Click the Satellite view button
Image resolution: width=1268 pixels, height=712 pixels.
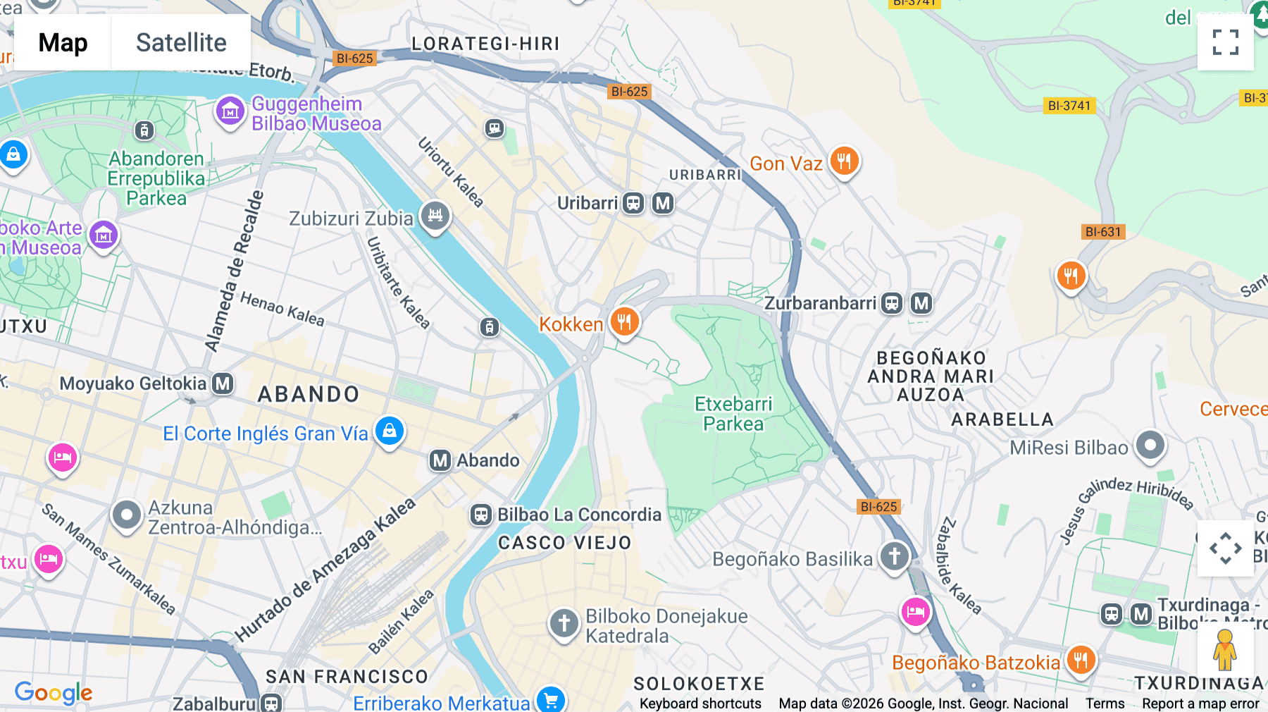(x=181, y=42)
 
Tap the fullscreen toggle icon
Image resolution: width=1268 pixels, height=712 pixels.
(x=1225, y=42)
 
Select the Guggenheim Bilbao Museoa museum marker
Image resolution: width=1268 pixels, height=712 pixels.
(x=230, y=111)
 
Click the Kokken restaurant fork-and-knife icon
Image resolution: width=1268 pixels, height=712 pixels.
(x=624, y=321)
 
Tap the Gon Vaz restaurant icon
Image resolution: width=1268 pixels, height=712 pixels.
(x=844, y=161)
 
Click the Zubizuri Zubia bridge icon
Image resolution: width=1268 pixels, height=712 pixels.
(x=435, y=215)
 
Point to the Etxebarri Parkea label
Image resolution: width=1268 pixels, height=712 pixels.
(x=733, y=414)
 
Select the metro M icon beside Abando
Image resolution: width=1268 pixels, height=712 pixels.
(x=440, y=460)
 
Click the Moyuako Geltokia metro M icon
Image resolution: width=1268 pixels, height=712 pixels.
(x=223, y=383)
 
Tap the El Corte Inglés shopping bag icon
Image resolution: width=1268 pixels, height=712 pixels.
(x=390, y=430)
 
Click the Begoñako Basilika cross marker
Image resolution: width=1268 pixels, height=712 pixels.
(x=895, y=556)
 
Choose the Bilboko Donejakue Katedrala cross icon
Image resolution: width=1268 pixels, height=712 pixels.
(x=564, y=623)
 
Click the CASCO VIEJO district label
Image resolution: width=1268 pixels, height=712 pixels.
(x=564, y=543)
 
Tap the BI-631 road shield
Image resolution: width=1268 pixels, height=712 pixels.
(x=1102, y=232)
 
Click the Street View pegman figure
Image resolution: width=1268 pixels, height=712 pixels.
(x=1224, y=649)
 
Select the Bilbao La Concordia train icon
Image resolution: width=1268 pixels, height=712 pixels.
(x=481, y=515)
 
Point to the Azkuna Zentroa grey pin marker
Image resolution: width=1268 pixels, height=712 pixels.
(x=127, y=515)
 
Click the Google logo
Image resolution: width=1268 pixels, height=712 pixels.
(x=54, y=693)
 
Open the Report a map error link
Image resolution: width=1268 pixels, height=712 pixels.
(x=1200, y=704)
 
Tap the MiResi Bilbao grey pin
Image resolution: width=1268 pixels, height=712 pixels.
(x=1150, y=446)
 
